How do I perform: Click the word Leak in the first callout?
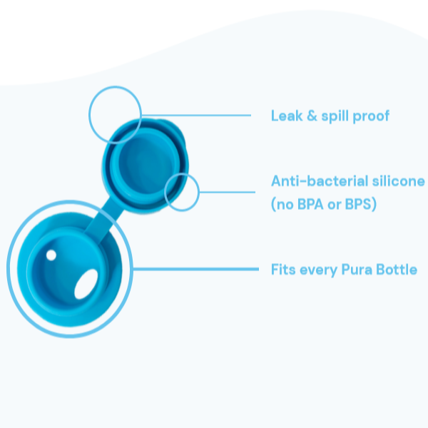point(285,116)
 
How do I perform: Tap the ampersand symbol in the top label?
point(310,116)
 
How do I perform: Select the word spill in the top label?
point(335,116)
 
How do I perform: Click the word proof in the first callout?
point(372,116)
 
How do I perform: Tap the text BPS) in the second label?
point(361,204)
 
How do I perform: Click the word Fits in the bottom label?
point(283,270)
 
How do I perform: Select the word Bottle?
point(396,270)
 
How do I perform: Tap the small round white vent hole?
point(51,255)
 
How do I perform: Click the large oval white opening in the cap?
point(87,285)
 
